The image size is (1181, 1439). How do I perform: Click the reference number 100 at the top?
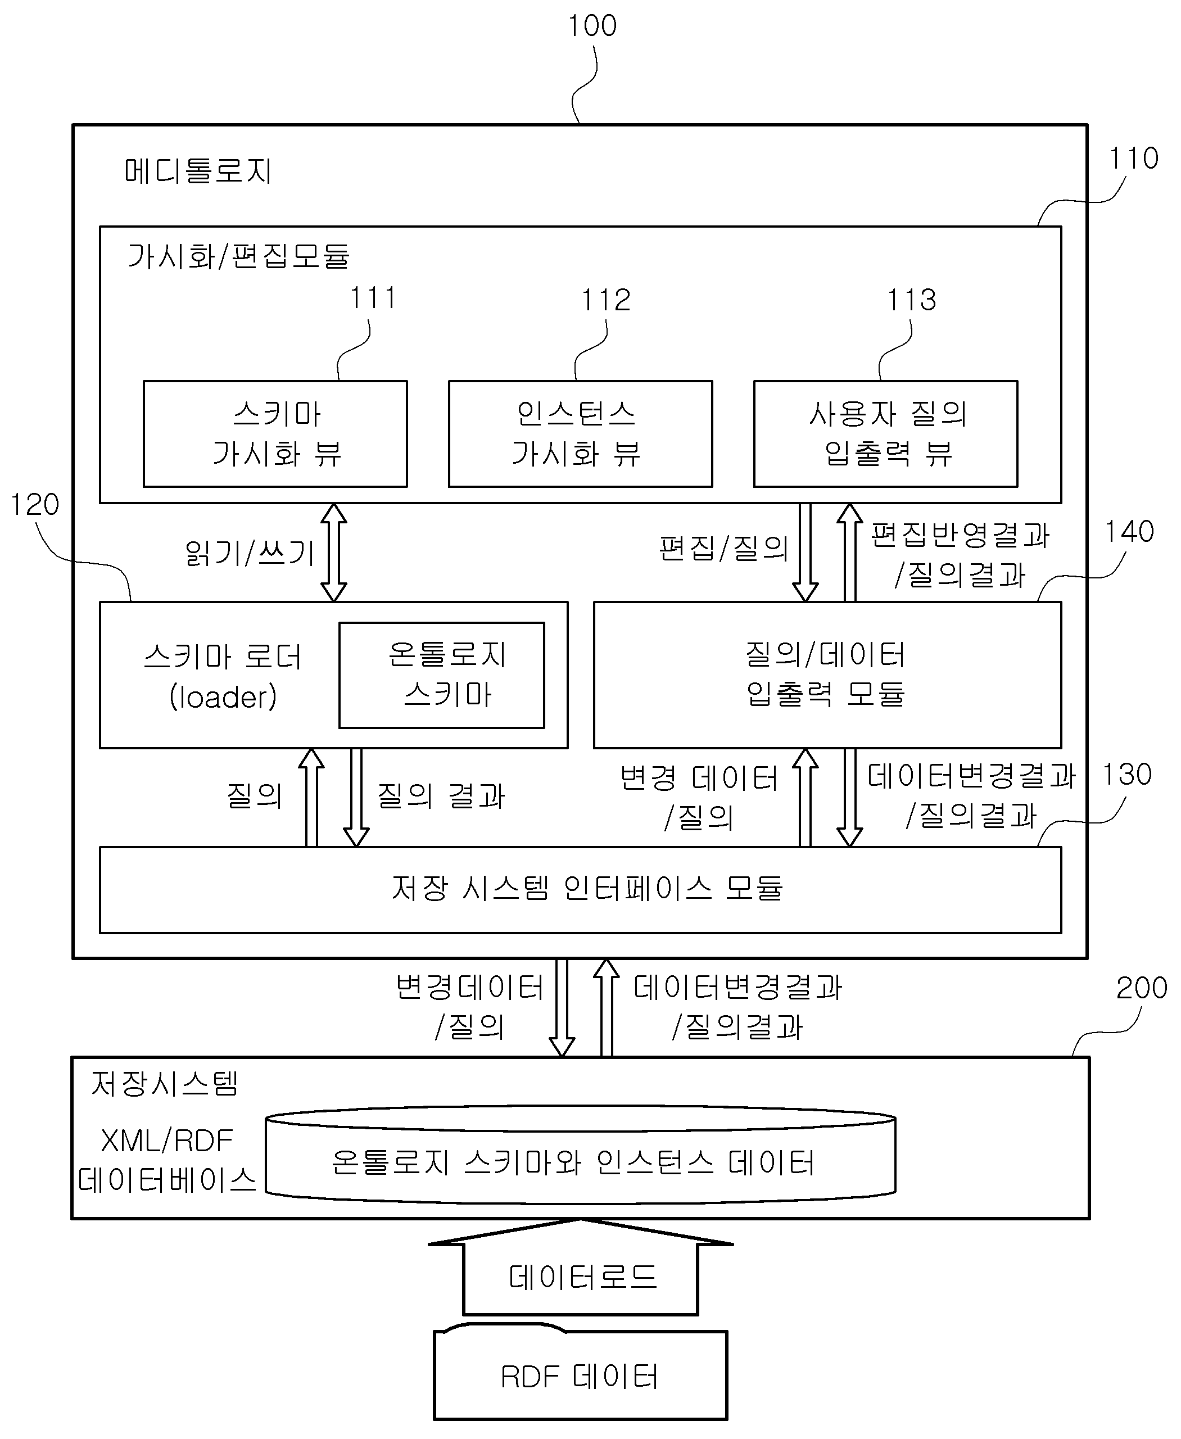[x=592, y=26]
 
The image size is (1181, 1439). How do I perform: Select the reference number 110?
[x=1133, y=158]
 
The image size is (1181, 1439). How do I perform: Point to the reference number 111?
[x=373, y=297]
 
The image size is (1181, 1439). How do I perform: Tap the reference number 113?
[x=912, y=300]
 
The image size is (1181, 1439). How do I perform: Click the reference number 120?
[x=35, y=505]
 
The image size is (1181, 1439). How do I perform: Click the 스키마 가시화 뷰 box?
[x=275, y=434]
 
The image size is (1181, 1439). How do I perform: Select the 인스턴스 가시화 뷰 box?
[x=580, y=434]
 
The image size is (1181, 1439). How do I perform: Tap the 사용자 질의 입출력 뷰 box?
[x=886, y=434]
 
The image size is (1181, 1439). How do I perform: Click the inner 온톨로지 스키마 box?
[x=442, y=675]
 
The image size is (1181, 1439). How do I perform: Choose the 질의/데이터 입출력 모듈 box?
[x=827, y=675]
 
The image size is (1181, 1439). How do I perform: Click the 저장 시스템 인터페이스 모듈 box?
[x=580, y=890]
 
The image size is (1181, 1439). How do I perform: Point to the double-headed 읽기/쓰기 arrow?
[x=334, y=553]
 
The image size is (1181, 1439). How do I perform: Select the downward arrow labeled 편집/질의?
[x=806, y=553]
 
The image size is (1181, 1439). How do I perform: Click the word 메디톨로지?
[x=198, y=171]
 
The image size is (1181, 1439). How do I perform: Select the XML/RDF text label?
[x=167, y=1141]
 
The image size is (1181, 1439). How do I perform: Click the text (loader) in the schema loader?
[x=223, y=696]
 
